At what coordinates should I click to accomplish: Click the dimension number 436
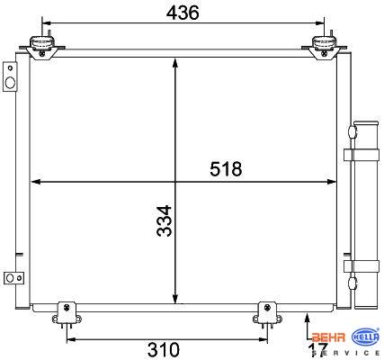(183, 13)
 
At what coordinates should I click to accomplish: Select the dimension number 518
(226, 169)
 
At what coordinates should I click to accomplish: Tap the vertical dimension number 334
(165, 220)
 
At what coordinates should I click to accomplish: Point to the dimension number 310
(164, 350)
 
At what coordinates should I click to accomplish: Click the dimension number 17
(317, 350)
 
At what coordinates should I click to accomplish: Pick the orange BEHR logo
(328, 337)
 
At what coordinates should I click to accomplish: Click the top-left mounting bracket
(42, 47)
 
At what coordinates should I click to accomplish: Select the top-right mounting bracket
(325, 47)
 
